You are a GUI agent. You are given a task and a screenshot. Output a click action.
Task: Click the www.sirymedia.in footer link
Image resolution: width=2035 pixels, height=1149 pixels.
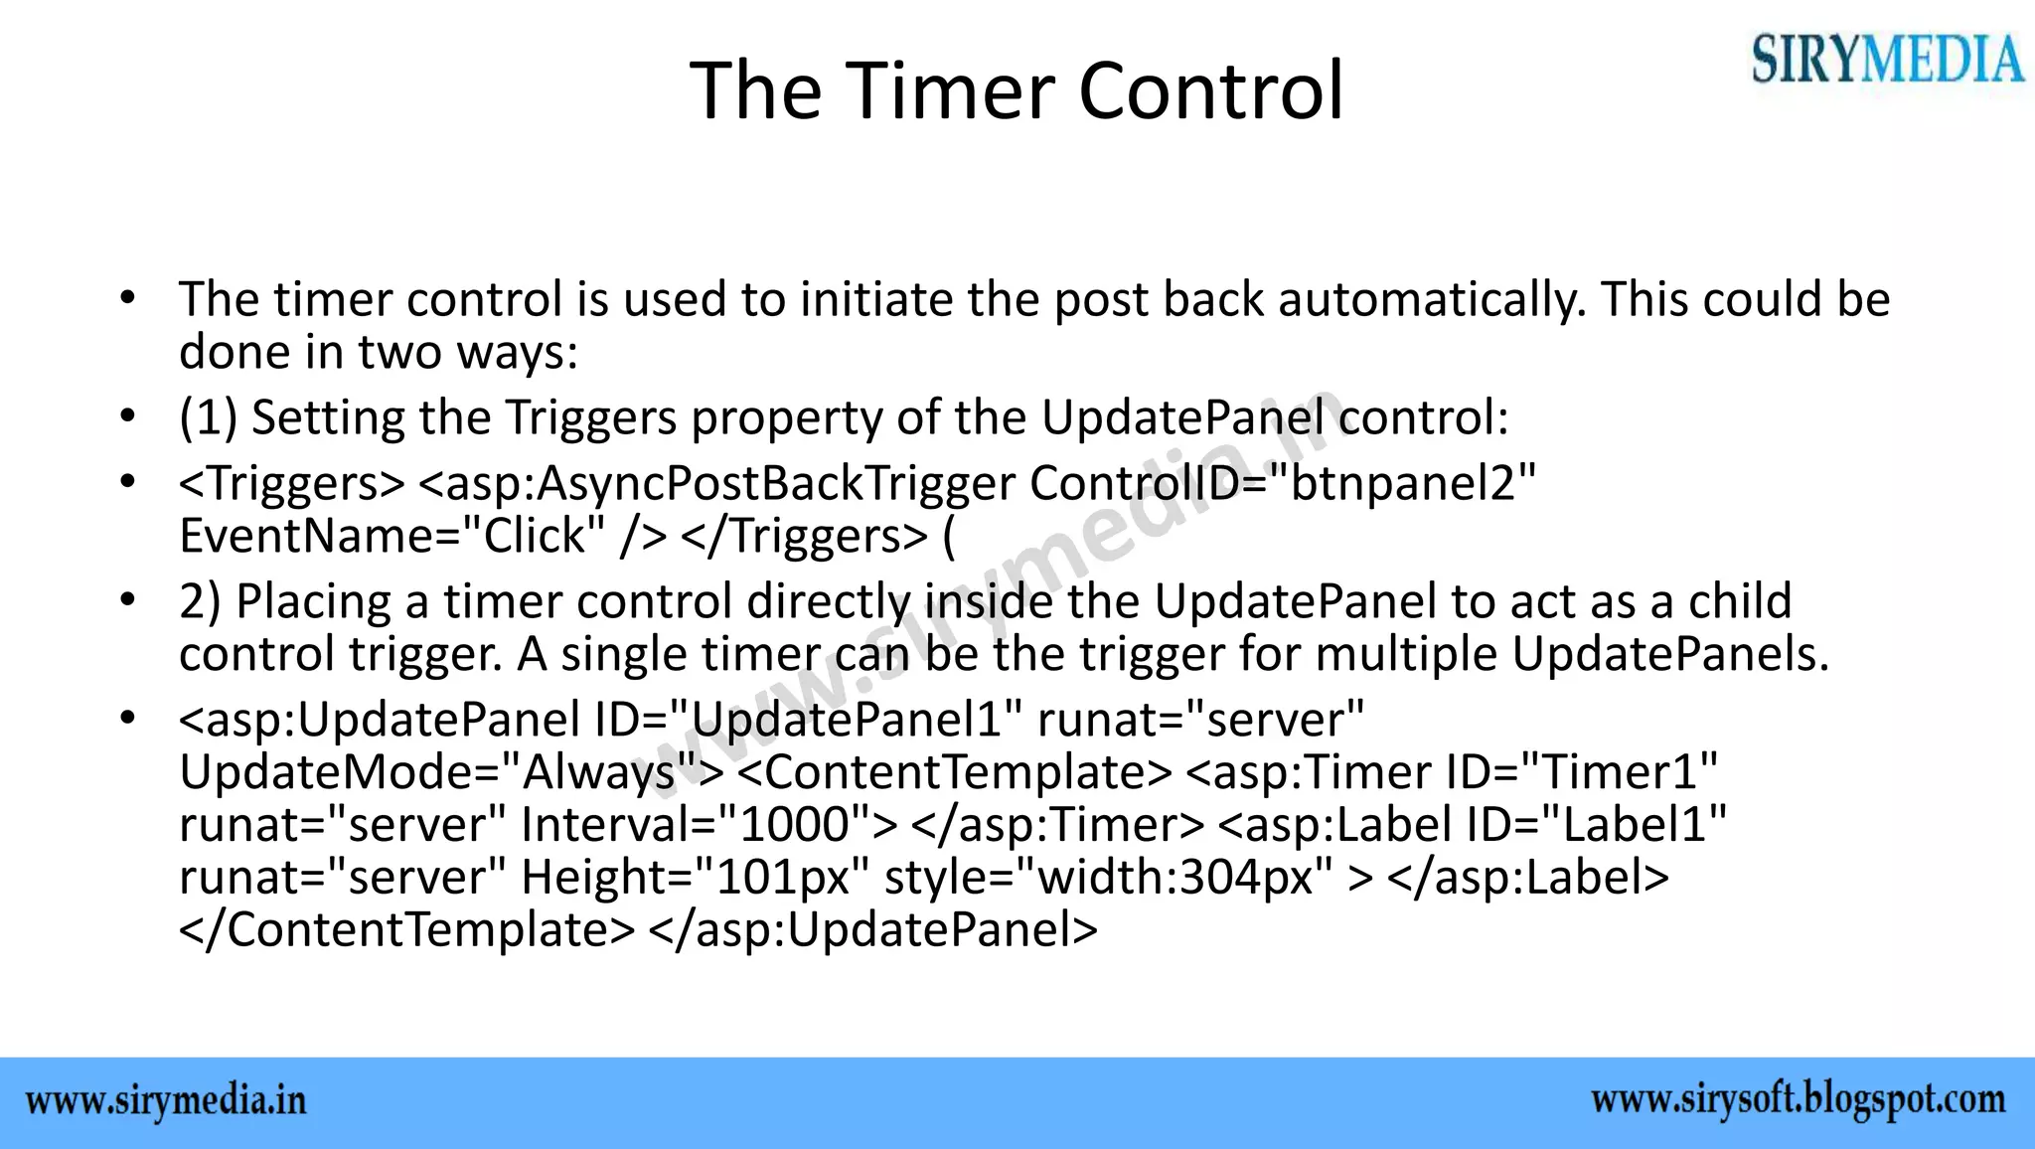(x=166, y=1102)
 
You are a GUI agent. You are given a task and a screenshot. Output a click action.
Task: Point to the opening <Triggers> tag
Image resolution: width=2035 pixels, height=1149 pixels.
(x=292, y=484)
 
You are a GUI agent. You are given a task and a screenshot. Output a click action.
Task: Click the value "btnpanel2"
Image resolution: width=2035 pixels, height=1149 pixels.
(x=1412, y=484)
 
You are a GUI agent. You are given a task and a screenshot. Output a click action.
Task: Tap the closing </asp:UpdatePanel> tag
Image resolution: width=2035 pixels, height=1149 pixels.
(x=872, y=930)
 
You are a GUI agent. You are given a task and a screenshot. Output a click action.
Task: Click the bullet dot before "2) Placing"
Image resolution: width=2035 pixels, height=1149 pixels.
(x=126, y=600)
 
